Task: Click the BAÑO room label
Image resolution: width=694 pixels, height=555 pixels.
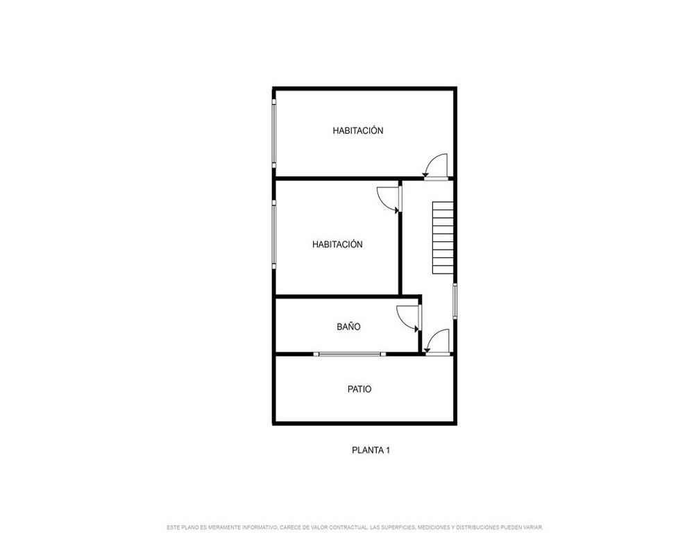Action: (348, 327)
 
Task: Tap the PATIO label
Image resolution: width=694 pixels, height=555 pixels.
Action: (359, 389)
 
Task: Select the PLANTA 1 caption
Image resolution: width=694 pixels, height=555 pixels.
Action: (371, 450)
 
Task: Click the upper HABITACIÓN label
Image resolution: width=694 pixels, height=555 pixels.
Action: (358, 130)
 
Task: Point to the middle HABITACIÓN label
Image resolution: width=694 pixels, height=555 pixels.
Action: (337, 244)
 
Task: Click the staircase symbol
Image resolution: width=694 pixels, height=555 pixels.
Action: (443, 237)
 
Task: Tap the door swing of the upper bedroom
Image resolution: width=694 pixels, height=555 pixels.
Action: (436, 166)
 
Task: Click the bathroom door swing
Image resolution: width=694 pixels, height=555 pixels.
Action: (408, 318)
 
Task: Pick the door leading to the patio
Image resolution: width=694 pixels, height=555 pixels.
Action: (437, 342)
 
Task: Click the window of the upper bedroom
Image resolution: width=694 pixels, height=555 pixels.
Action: (274, 133)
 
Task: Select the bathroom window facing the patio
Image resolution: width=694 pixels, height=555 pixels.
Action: (350, 354)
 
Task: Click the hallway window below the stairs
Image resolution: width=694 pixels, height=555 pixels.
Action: (455, 301)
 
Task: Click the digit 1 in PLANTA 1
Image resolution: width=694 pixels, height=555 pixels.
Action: (388, 450)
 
